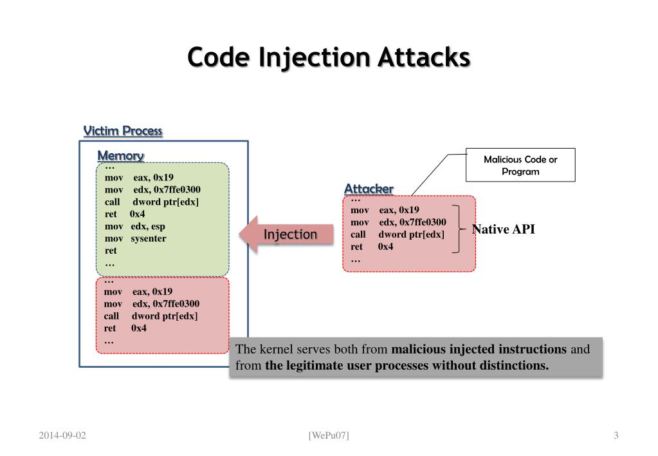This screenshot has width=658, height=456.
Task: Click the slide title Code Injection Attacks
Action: coord(329,57)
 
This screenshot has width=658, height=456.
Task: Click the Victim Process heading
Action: coord(123,131)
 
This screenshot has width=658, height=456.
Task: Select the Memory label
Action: coord(120,156)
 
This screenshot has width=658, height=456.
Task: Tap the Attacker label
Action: coord(369,189)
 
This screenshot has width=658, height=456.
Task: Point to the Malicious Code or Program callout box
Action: coord(520,165)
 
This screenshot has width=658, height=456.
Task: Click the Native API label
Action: coord(503,229)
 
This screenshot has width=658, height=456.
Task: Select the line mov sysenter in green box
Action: coord(135,238)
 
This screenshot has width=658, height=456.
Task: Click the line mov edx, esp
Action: coord(134,226)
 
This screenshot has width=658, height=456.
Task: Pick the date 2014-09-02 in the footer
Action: coord(62,435)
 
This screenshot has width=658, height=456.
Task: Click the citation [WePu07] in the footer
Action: coord(329,435)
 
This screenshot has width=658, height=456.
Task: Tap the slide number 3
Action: coord(616,435)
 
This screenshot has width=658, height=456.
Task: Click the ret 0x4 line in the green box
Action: coord(124,214)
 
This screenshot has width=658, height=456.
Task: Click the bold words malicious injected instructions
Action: coord(479,350)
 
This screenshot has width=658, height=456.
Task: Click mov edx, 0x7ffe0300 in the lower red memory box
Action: coord(151,303)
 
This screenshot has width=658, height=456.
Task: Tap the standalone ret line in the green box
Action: coord(111,251)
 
